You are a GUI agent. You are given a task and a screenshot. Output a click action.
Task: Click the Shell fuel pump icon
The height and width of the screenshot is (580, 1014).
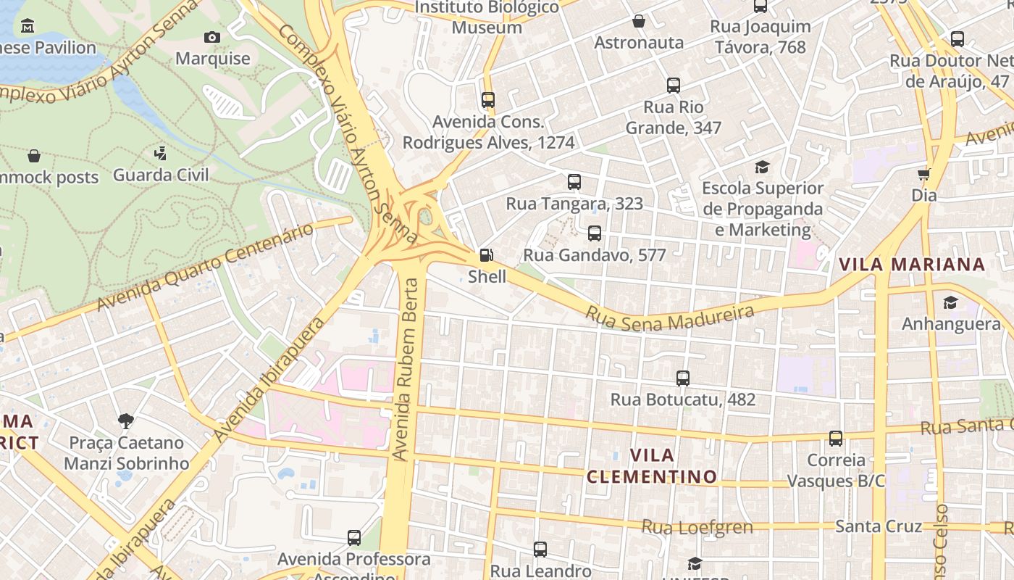pyautogui.click(x=487, y=255)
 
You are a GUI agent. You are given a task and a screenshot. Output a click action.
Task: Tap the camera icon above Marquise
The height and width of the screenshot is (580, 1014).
pyautogui.click(x=212, y=37)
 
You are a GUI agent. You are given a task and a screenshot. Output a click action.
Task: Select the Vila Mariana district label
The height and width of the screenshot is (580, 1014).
pyautogui.click(x=912, y=265)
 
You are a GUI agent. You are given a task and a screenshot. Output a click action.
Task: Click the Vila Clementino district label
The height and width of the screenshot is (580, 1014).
pyautogui.click(x=651, y=465)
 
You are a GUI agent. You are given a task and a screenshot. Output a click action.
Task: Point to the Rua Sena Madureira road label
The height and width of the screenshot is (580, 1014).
pyautogui.click(x=670, y=317)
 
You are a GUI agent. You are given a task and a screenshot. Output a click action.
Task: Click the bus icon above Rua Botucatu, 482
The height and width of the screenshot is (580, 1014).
pyautogui.click(x=682, y=378)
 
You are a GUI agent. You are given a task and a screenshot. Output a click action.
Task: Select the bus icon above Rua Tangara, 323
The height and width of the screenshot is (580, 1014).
pyautogui.click(x=574, y=182)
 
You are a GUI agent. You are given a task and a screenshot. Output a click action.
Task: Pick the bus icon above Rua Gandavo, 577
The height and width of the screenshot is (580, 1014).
pyautogui.click(x=595, y=233)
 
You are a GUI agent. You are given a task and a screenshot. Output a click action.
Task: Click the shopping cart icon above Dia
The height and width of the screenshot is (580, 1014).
pyautogui.click(x=923, y=174)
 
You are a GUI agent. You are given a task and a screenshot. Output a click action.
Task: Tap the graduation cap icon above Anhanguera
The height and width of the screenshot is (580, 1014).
pyautogui.click(x=950, y=302)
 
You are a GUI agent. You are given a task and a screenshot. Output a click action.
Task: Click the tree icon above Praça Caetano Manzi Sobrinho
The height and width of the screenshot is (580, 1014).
pyautogui.click(x=126, y=421)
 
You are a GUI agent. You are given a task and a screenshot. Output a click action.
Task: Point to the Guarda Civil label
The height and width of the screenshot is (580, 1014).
pyautogui.click(x=161, y=175)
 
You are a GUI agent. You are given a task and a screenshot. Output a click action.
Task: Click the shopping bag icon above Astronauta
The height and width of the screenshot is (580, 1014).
pyautogui.click(x=639, y=21)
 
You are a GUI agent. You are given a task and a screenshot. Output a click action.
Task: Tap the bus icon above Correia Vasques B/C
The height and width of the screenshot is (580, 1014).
pyautogui.click(x=836, y=439)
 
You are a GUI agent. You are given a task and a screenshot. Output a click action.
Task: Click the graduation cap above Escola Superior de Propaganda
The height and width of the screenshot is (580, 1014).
pyautogui.click(x=762, y=167)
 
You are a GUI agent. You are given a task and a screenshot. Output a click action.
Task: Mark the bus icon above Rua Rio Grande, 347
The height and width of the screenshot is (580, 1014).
pyautogui.click(x=674, y=86)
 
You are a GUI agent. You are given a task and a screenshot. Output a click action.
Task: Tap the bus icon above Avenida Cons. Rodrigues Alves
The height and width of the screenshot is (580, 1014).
pyautogui.click(x=488, y=100)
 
